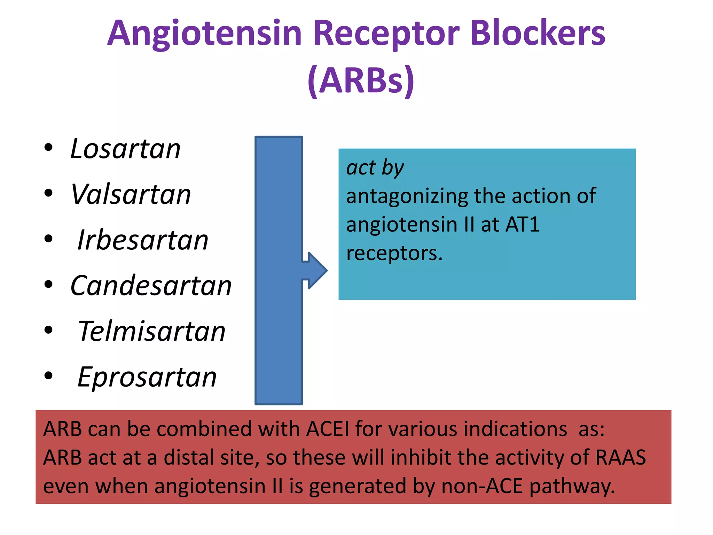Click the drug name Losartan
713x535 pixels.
click(x=125, y=149)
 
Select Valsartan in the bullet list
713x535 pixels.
click(x=131, y=194)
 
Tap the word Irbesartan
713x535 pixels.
click(x=143, y=240)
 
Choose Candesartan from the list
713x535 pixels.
click(x=151, y=286)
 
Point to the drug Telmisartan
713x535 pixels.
click(x=151, y=331)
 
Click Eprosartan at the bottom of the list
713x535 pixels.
click(x=147, y=377)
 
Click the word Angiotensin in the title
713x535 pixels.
click(x=204, y=34)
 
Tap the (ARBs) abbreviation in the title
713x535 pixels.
click(x=361, y=81)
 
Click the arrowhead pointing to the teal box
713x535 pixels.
click(x=317, y=270)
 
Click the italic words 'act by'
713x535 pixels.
click(x=375, y=168)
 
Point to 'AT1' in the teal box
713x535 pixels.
click(x=523, y=224)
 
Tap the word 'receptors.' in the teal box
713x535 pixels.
click(x=394, y=253)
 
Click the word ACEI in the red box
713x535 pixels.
click(x=327, y=429)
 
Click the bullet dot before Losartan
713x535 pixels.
click(x=48, y=148)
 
